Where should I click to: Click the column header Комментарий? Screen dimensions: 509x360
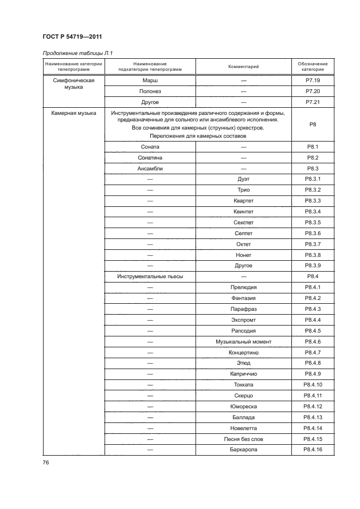[243, 66]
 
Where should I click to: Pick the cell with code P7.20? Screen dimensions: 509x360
[313, 91]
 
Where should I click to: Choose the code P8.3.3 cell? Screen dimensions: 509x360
[313, 201]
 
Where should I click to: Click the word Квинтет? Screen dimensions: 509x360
[243, 212]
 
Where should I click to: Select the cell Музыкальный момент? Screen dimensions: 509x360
[243, 341]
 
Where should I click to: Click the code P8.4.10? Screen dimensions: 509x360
[313, 385]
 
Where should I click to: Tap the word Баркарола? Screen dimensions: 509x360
[243, 450]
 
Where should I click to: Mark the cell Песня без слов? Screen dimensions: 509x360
[243, 439]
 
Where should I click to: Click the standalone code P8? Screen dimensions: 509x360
[313, 125]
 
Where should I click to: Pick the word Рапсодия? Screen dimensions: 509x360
[243, 330]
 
